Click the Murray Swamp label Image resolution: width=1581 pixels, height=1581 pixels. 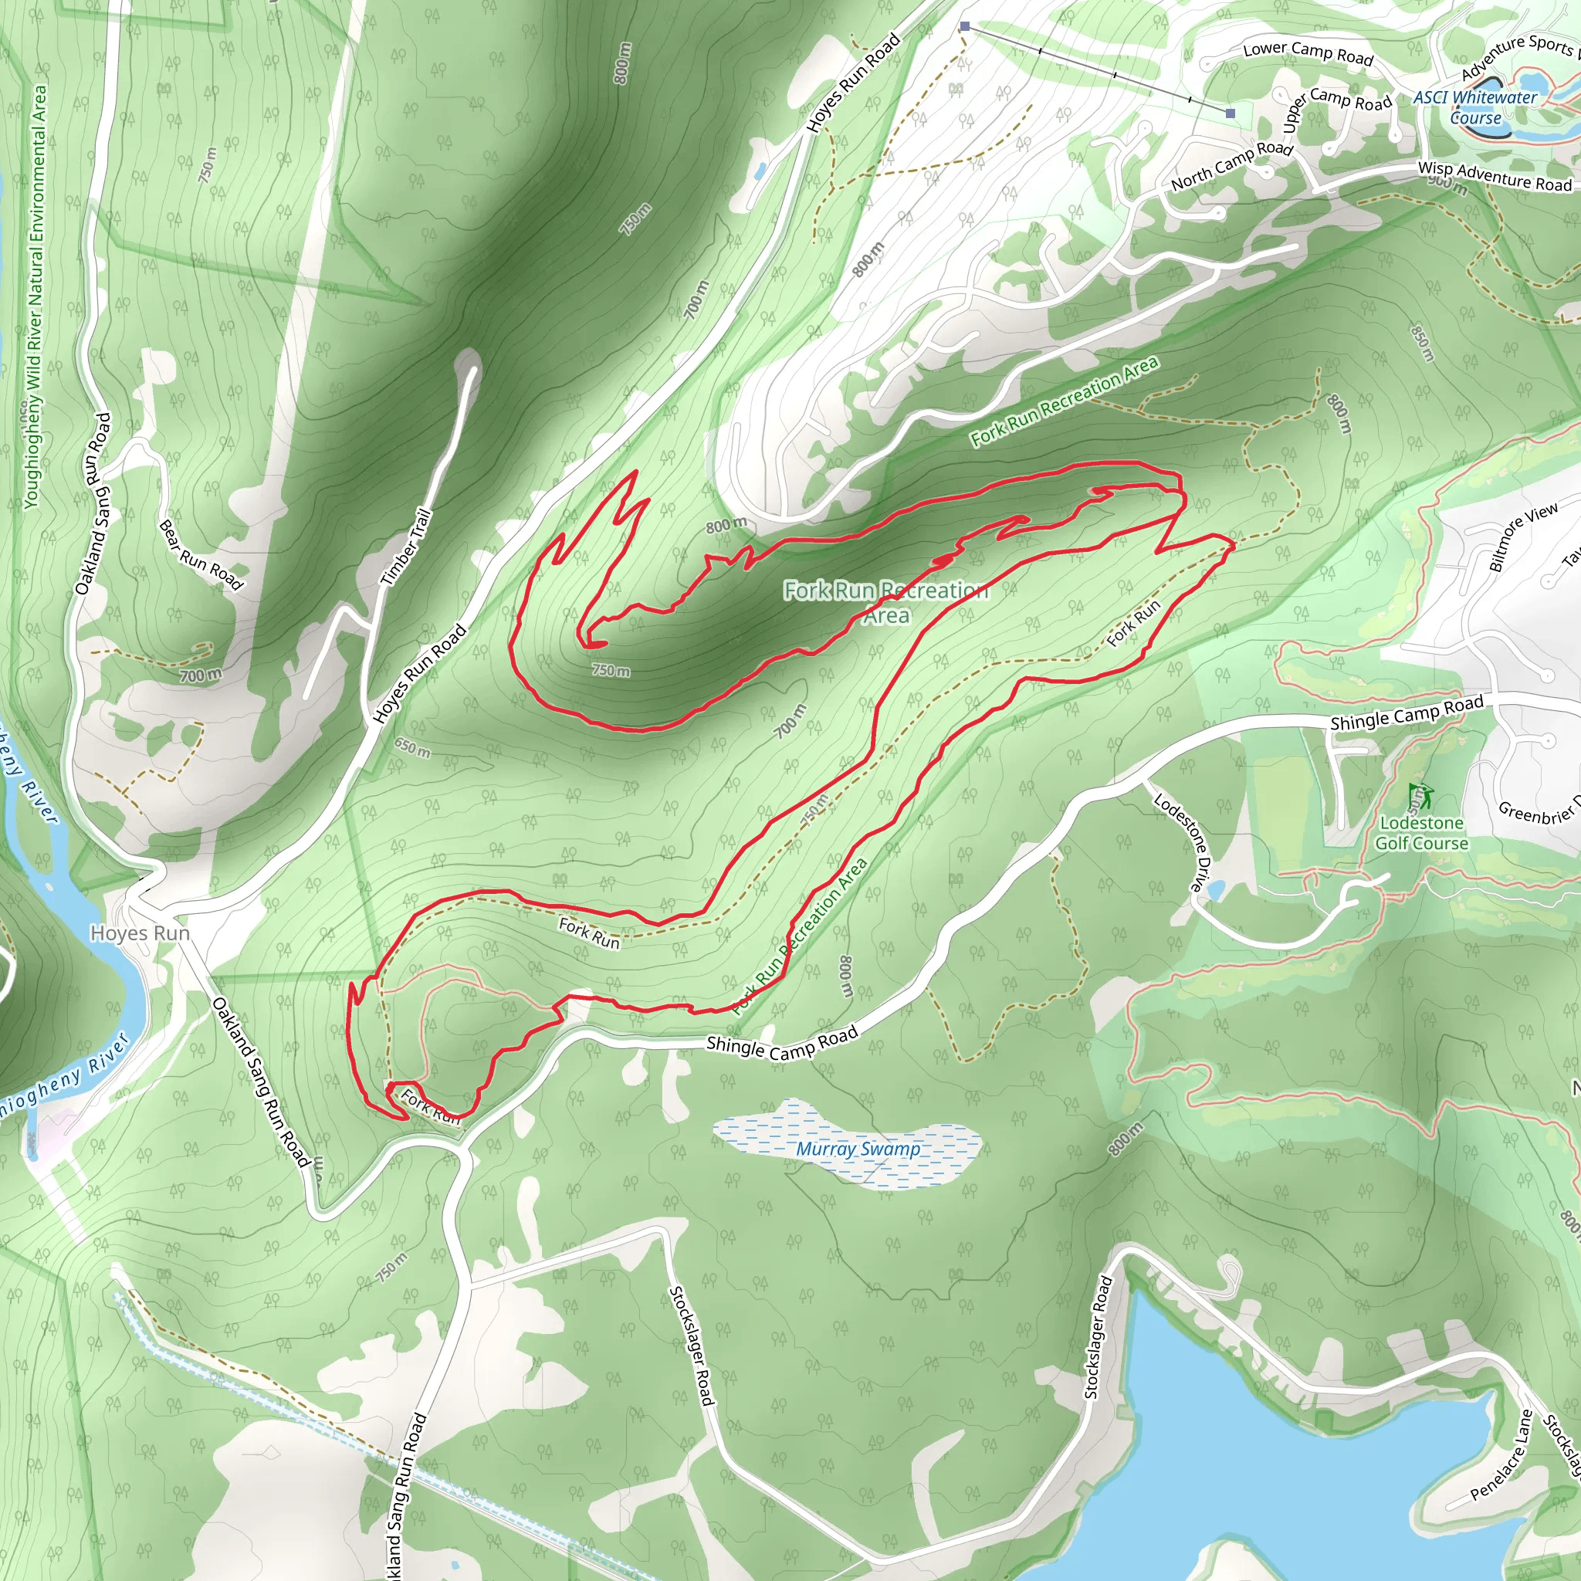(x=858, y=1149)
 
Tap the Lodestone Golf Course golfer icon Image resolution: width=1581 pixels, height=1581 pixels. (x=1420, y=794)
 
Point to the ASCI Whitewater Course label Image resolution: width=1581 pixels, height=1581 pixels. (x=1475, y=107)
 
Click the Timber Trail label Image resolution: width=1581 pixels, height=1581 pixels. (x=406, y=547)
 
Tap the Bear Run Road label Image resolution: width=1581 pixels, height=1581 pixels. (x=201, y=555)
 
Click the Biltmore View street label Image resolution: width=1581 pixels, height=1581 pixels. (x=1523, y=537)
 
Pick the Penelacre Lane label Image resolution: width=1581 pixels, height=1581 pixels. (x=1501, y=1454)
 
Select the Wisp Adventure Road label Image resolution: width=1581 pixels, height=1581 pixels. (x=1495, y=176)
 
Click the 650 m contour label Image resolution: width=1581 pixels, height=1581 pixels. (x=412, y=747)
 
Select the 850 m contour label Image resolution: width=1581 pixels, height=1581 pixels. (x=1423, y=342)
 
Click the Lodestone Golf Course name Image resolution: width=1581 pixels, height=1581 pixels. (x=1421, y=833)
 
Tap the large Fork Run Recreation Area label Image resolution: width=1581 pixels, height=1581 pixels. (x=886, y=601)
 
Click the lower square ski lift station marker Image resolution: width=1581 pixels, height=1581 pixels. (x=1230, y=113)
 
